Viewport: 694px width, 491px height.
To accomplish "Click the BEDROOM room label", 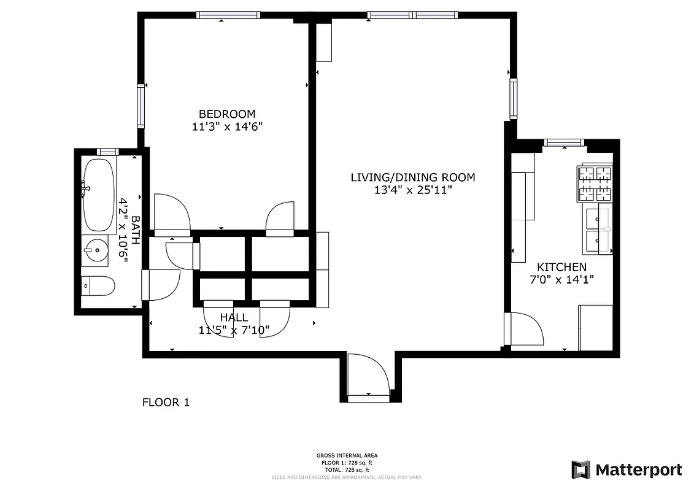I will pyautogui.click(x=226, y=114).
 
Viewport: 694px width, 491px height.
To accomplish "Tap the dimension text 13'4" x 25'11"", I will pyautogui.click(x=412, y=190).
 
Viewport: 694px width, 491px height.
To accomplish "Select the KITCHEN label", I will pyautogui.click(x=561, y=267).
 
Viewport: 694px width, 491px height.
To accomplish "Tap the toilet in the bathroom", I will pyautogui.click(x=98, y=286).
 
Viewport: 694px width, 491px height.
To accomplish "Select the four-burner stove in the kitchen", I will pyautogui.click(x=594, y=184).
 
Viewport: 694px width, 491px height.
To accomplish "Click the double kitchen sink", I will pyautogui.click(x=598, y=230).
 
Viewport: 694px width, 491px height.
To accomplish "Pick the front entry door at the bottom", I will pyautogui.click(x=368, y=377).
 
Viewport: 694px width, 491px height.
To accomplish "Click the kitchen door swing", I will pyautogui.click(x=525, y=330).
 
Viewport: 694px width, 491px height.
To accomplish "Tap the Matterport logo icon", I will pyautogui.click(x=580, y=470).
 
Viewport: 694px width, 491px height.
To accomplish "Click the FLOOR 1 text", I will pyautogui.click(x=166, y=403).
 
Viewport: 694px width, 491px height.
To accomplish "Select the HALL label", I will pyautogui.click(x=234, y=317).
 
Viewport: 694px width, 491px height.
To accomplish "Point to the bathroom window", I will pyautogui.click(x=107, y=151).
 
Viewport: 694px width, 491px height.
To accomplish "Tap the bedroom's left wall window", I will pyautogui.click(x=141, y=106).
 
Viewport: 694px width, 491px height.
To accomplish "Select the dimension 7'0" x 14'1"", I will pyautogui.click(x=561, y=279).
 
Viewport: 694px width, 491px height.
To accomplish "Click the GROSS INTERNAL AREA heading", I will pyautogui.click(x=347, y=455).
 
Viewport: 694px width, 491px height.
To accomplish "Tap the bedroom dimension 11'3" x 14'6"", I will pyautogui.click(x=226, y=127).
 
